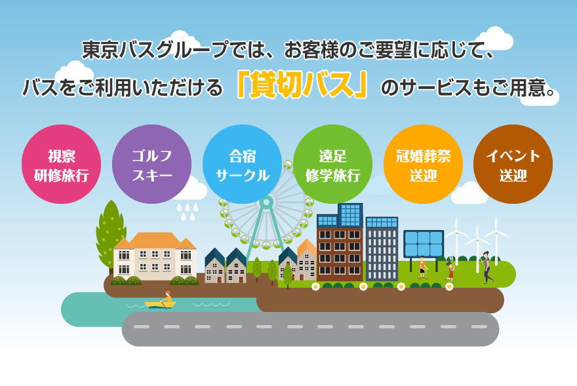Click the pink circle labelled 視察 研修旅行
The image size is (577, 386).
click(61, 164)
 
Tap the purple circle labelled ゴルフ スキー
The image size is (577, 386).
click(151, 164)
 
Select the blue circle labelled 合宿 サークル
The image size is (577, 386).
click(242, 164)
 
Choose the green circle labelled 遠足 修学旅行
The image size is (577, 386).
click(332, 164)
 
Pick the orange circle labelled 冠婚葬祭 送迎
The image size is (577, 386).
click(423, 164)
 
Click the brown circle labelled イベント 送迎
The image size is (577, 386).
click(513, 164)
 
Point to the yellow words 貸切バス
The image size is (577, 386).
click(302, 86)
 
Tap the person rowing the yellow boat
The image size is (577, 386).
click(167, 298)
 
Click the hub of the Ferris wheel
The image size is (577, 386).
click(266, 202)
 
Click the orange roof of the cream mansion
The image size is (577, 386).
click(155, 241)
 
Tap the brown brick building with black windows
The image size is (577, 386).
click(340, 253)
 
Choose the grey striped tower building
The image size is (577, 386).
click(382, 249)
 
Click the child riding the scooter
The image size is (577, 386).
click(422, 267)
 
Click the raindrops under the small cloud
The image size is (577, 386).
click(188, 212)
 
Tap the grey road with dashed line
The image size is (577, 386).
click(310, 329)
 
